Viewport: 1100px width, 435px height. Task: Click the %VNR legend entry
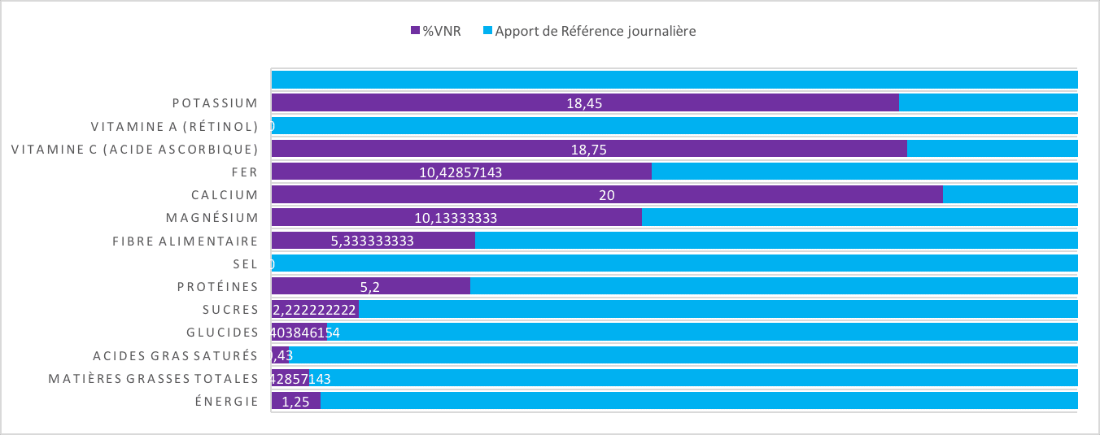(435, 32)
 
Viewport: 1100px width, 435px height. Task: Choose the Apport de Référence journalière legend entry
(590, 32)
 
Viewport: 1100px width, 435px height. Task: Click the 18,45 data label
(584, 103)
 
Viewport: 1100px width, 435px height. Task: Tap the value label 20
(606, 195)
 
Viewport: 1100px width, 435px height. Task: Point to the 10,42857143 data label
(461, 172)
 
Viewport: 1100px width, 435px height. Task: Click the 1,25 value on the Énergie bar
(295, 402)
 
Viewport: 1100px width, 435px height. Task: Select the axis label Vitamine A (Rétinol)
(174, 126)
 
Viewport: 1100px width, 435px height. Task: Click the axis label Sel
(245, 264)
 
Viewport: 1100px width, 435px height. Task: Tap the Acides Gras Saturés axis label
(175, 355)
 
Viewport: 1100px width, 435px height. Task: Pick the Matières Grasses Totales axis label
(153, 379)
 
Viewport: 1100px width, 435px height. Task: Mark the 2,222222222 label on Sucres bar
(315, 310)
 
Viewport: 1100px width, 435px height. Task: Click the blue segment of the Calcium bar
(1009, 194)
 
